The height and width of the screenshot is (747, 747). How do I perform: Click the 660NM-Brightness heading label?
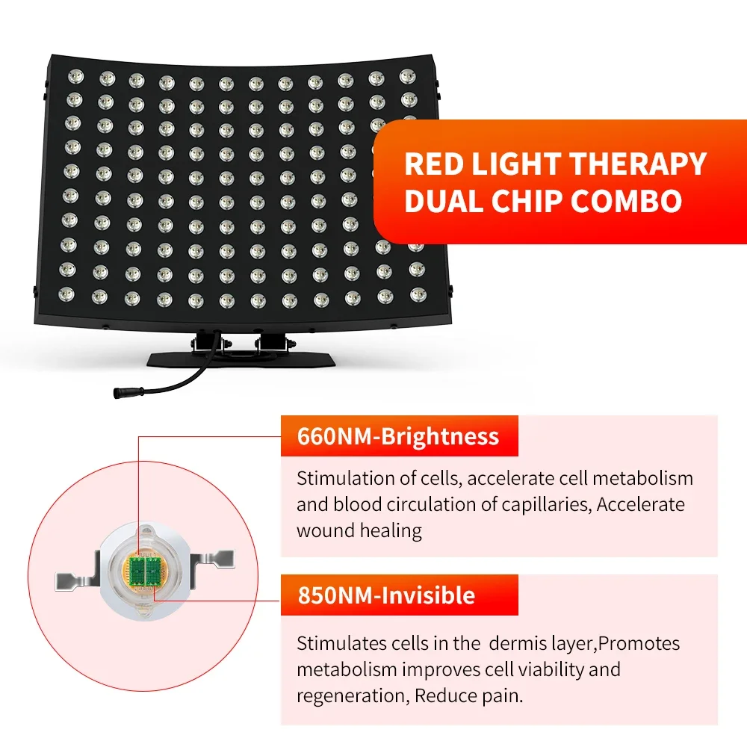[398, 436]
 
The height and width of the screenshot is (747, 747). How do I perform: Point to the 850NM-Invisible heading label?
[386, 595]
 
